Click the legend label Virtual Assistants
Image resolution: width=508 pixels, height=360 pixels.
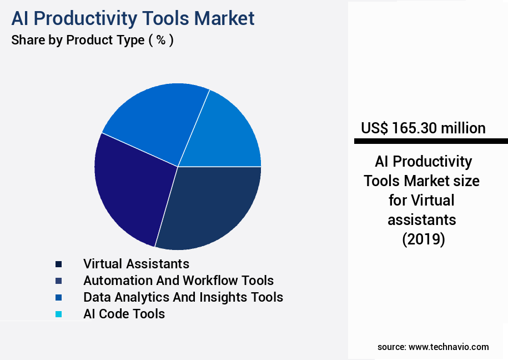pyautogui.click(x=136, y=263)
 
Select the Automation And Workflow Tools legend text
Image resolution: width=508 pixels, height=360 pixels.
pyautogui.click(x=178, y=281)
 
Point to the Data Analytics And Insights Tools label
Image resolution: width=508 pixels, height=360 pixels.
pyautogui.click(x=183, y=297)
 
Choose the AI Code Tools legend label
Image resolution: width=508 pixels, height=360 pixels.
pyautogui.click(x=124, y=314)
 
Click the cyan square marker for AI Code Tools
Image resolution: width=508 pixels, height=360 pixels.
pyautogui.click(x=58, y=314)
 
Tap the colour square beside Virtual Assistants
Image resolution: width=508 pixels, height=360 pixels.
pyautogui.click(x=58, y=264)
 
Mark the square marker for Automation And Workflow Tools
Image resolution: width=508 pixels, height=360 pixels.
pyautogui.click(x=58, y=281)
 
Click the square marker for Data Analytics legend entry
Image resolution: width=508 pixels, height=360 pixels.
pyautogui.click(x=58, y=298)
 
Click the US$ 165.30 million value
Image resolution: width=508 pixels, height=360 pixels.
pyautogui.click(x=423, y=128)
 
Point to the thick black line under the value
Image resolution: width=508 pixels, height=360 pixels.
pyautogui.click(x=431, y=142)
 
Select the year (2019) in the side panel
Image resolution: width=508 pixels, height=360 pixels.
pyautogui.click(x=423, y=239)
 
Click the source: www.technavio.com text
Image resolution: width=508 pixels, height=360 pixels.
pyautogui.click(x=433, y=347)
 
